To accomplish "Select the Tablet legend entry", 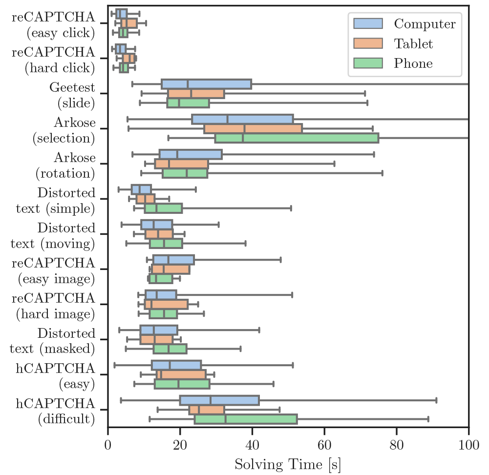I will click(x=391, y=44).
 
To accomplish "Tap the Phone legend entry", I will click(x=391, y=63).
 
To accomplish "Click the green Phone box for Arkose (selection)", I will click(x=297, y=138).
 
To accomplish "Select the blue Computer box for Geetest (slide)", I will click(x=206, y=84).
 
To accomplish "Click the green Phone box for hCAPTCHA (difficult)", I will click(x=246, y=419).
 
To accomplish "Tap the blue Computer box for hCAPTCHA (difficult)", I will click(x=219, y=401).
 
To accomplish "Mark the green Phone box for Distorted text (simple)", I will click(x=163, y=208).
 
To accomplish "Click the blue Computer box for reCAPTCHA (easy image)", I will click(x=173, y=260).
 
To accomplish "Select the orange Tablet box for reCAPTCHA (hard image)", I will click(x=166, y=305).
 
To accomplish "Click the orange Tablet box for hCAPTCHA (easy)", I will click(x=181, y=374).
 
